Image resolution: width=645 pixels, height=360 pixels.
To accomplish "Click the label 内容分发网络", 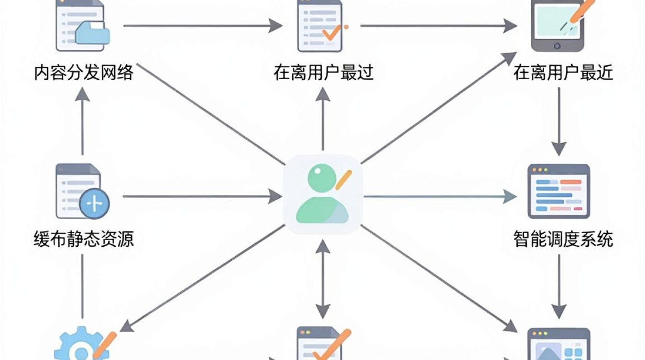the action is click(x=84, y=72).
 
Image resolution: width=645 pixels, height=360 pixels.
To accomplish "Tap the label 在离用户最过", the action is click(x=323, y=72).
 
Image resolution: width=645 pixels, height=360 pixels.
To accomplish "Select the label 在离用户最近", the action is click(x=563, y=72).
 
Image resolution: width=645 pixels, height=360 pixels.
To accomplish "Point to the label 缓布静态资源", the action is click(x=84, y=239).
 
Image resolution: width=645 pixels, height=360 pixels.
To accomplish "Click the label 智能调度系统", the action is click(x=563, y=239).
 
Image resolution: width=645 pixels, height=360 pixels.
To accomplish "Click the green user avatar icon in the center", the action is click(x=322, y=193).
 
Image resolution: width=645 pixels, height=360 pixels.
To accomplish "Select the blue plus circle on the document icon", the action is click(x=95, y=204).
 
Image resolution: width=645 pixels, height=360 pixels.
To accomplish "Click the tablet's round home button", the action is click(x=557, y=46).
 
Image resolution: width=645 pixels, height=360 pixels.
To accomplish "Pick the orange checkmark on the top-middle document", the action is click(x=332, y=33).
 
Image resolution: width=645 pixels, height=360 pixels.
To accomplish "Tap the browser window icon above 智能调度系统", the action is click(x=559, y=191).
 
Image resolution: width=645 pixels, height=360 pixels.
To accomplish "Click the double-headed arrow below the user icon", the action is click(x=322, y=279).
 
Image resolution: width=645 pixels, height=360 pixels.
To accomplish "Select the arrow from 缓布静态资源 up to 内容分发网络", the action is click(x=83, y=121).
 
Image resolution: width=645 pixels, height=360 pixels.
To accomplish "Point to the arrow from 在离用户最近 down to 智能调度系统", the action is click(x=559, y=121).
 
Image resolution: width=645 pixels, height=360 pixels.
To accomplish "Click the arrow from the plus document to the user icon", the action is click(x=203, y=196).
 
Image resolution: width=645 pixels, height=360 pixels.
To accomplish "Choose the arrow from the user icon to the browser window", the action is click(x=440, y=196).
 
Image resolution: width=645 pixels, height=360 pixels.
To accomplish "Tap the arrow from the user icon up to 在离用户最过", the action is click(x=322, y=119).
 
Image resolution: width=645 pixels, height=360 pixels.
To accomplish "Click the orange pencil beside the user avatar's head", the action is click(x=344, y=180).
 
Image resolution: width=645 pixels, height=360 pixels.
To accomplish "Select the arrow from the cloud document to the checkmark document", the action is click(x=203, y=25).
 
